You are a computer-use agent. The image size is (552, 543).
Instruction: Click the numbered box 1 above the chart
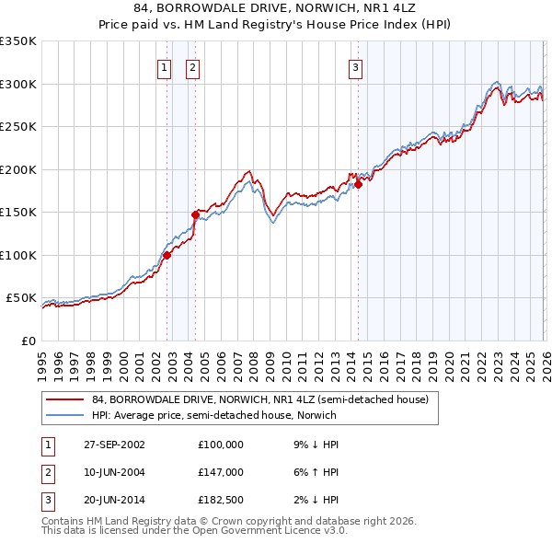164,66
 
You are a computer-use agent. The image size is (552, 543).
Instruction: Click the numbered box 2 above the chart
192,66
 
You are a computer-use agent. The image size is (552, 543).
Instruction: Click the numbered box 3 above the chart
355,66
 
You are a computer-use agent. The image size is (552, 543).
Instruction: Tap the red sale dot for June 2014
359,184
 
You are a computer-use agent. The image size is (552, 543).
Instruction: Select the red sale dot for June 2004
195,214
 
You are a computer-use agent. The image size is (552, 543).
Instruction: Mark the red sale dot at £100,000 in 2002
167,255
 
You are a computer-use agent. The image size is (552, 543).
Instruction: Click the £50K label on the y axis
20,298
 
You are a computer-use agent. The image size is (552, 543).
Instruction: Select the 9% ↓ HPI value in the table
315,444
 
